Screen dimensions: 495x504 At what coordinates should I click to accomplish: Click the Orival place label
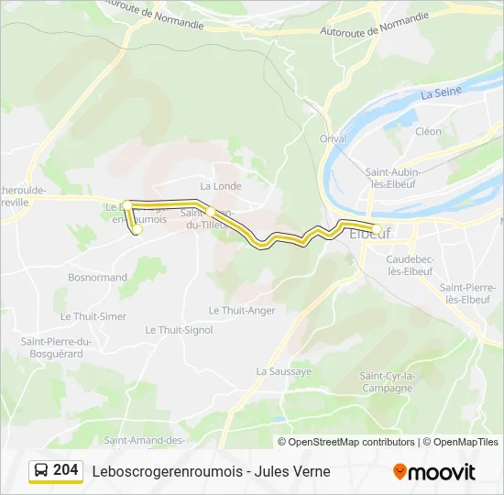coord(334,138)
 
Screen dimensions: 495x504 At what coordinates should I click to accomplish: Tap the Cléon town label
coord(428,131)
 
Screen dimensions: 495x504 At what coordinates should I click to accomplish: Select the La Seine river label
coord(441,93)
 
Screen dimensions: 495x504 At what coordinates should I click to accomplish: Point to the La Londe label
coord(220,185)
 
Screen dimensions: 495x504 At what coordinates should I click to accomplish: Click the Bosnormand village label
coord(98,277)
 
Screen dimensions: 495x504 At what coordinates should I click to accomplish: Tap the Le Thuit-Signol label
coord(179,329)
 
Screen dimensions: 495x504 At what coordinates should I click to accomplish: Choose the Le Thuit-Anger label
coord(242,310)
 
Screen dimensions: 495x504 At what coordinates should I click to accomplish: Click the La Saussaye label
coord(284,371)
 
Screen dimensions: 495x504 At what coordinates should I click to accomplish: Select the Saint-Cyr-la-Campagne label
coord(388,382)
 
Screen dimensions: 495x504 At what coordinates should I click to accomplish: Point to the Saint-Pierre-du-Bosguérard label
coord(57,348)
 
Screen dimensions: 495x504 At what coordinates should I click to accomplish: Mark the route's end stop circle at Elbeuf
coord(377,228)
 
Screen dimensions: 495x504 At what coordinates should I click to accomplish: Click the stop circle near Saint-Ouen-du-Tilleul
coord(210,211)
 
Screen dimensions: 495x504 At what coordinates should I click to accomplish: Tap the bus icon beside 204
coord(41,471)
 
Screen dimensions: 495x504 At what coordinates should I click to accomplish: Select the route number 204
coord(65,470)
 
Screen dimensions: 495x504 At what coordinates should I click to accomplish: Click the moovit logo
coord(434,472)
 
